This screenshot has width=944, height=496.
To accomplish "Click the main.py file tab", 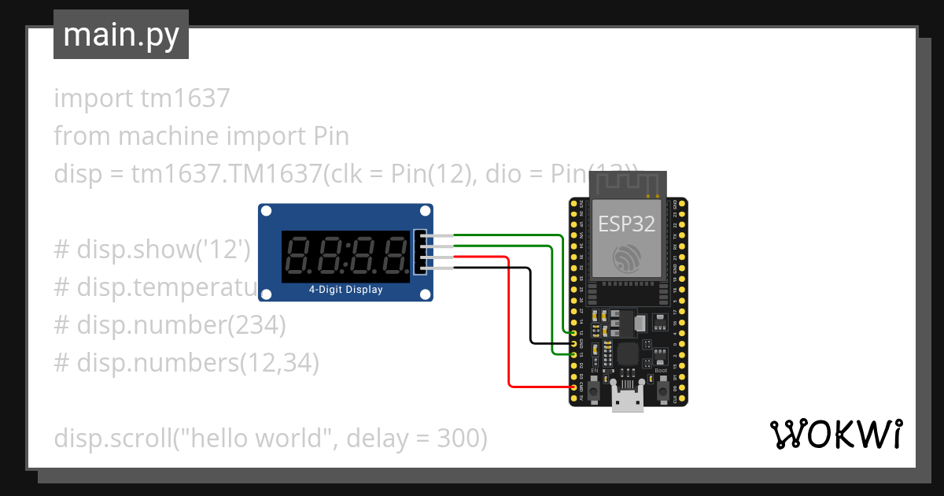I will point(120,35).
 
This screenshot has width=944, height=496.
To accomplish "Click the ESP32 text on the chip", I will point(627,224).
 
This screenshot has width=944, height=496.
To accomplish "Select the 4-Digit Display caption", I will point(345,290).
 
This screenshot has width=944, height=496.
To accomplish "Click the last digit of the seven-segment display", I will point(393,254).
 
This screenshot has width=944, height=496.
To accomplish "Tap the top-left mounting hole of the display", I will point(267,211).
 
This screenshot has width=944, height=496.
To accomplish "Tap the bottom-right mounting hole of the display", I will point(426,294).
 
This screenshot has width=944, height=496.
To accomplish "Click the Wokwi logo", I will point(835,434).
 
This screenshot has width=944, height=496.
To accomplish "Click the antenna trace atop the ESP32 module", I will point(627,185).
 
